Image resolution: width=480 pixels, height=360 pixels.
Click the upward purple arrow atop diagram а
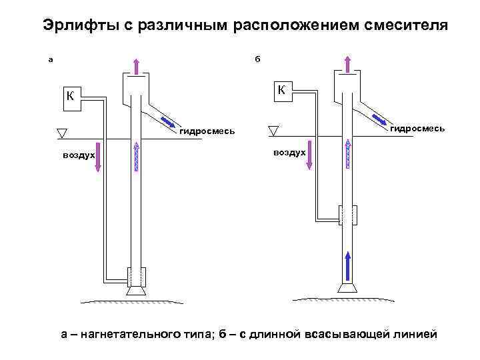[x=135, y=65]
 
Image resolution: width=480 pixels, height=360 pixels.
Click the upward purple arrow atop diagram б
[x=347, y=64]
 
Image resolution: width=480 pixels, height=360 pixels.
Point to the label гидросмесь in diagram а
[x=207, y=131]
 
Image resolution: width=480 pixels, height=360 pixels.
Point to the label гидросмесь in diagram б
[x=417, y=127]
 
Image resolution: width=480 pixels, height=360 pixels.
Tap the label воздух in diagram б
[x=289, y=153]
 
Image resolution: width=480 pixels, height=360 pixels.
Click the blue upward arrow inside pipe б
[x=347, y=266]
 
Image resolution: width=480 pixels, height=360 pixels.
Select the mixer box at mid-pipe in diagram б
[x=348, y=215]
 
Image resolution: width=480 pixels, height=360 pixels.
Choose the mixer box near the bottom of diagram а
[x=137, y=275]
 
